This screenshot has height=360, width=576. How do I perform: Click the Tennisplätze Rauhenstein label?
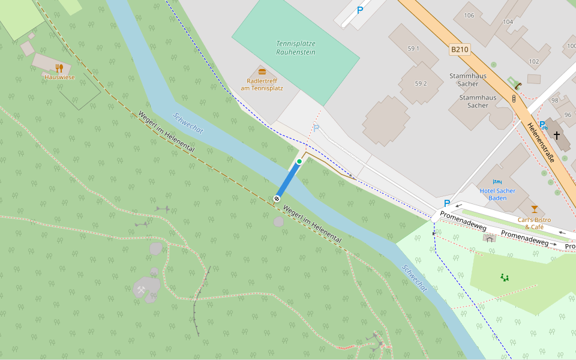click(296, 47)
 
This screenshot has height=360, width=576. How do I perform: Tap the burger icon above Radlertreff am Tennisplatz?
click(262, 71)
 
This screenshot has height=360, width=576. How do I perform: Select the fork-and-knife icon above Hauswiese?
click(59, 68)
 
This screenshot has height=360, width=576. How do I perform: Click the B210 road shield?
click(459, 49)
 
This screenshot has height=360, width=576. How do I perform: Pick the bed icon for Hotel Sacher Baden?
click(497, 181)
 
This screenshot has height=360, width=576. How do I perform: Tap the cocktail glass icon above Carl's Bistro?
click(535, 209)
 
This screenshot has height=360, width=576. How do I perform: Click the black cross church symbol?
click(557, 136)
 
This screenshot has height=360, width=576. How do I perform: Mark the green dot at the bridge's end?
click(299, 162)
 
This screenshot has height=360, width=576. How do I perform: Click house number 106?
click(469, 15)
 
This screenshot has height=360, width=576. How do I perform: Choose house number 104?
click(508, 21)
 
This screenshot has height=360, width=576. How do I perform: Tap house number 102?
click(534, 61)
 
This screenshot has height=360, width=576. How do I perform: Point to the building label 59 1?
click(413, 48)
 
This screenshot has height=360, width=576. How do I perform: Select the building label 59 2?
click(421, 83)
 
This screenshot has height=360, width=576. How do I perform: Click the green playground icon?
click(505, 277)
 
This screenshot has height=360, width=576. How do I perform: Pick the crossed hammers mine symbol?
click(141, 290)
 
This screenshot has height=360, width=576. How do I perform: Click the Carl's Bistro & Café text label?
click(534, 223)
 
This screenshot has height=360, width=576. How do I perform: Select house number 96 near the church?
click(568, 115)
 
